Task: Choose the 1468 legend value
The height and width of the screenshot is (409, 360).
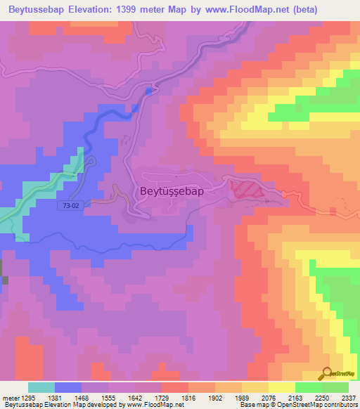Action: [93, 397]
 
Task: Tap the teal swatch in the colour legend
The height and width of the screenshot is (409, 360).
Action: [41, 387]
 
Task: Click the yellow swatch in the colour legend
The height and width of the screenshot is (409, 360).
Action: [282, 387]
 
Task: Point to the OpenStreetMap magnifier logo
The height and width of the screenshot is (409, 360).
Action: [326, 375]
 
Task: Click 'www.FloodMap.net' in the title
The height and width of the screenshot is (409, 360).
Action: [238, 10]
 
